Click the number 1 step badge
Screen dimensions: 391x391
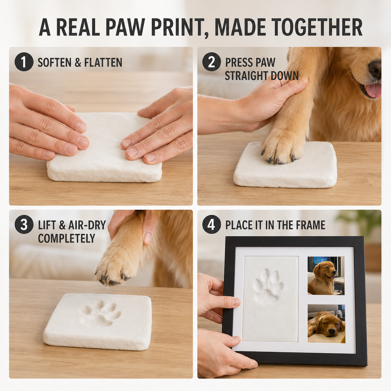pos(24,62)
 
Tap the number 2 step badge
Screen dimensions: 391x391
pos(212,62)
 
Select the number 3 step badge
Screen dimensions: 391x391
pos(24,224)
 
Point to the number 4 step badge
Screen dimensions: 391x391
pos(212,224)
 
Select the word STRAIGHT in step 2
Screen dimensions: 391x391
pos(246,76)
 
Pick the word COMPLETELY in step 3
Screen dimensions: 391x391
pos(66,238)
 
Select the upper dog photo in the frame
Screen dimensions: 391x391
pos(326,276)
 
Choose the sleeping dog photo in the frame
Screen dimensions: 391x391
pos(326,323)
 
